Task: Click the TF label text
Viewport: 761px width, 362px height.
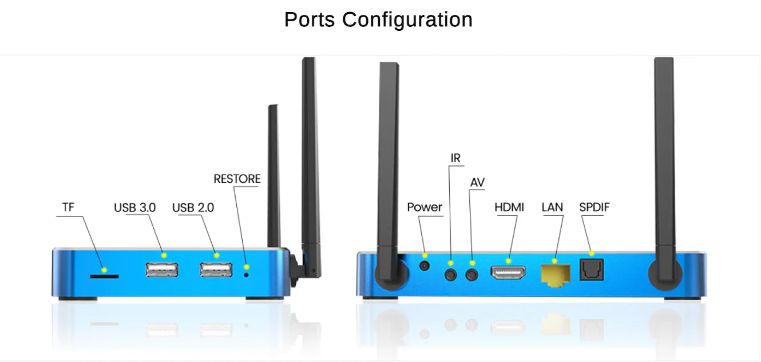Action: (x=68, y=207)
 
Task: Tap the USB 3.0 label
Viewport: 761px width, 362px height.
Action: (x=134, y=207)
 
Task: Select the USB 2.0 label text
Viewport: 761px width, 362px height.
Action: (x=193, y=207)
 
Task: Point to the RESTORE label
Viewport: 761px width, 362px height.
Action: (x=237, y=179)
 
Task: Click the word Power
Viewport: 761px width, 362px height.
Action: (x=425, y=207)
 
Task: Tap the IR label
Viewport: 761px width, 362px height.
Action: (x=455, y=158)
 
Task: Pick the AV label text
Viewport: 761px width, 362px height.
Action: (x=477, y=183)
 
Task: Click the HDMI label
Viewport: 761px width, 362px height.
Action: (x=509, y=207)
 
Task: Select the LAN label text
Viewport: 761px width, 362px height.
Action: (x=552, y=207)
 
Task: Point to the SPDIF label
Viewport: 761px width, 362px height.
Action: (x=594, y=207)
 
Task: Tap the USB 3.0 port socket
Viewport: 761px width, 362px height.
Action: (x=162, y=269)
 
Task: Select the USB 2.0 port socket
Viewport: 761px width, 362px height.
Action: (x=216, y=269)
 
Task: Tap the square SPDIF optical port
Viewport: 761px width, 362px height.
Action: (x=592, y=270)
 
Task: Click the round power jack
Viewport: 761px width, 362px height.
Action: (x=425, y=266)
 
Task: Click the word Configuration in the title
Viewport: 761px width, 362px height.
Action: (x=407, y=20)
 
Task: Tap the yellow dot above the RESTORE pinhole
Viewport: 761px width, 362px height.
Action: (x=247, y=267)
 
